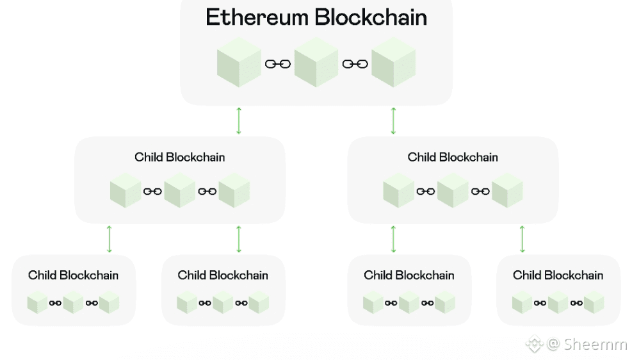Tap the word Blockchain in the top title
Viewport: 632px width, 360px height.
371,17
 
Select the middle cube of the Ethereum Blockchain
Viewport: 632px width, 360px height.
316,62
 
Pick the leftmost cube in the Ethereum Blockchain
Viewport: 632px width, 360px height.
239,62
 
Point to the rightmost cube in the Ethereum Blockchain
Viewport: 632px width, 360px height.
393,62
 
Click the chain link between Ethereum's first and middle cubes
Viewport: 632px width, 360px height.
277,63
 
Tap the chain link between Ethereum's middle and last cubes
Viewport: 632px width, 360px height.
355,63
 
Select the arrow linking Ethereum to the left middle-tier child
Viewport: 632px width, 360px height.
239,120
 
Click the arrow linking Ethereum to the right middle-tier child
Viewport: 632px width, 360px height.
393,120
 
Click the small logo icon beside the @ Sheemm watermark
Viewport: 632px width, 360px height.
534,345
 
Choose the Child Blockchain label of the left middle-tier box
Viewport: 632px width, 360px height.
179,157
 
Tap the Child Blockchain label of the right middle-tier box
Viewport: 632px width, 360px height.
453,157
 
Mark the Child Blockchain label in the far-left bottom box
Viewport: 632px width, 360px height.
73,275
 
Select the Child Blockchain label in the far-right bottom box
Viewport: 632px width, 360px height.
558,275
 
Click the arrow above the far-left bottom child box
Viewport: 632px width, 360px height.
109,238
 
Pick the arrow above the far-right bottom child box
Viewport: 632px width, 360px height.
523,238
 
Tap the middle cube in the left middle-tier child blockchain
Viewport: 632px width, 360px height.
179,191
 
